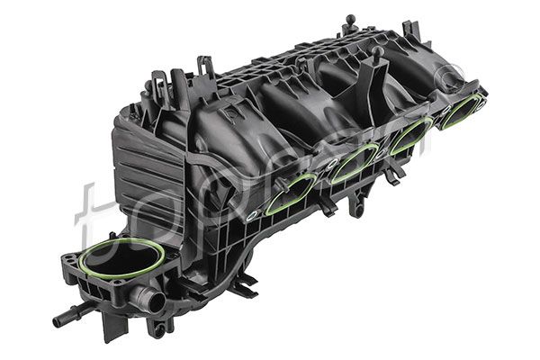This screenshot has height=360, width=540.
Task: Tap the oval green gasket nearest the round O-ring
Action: [x=290, y=192]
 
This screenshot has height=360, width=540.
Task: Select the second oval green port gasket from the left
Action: [x=354, y=164]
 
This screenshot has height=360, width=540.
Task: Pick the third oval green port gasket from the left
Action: [x=410, y=137]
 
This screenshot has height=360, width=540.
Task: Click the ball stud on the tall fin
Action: [x=377, y=52]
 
